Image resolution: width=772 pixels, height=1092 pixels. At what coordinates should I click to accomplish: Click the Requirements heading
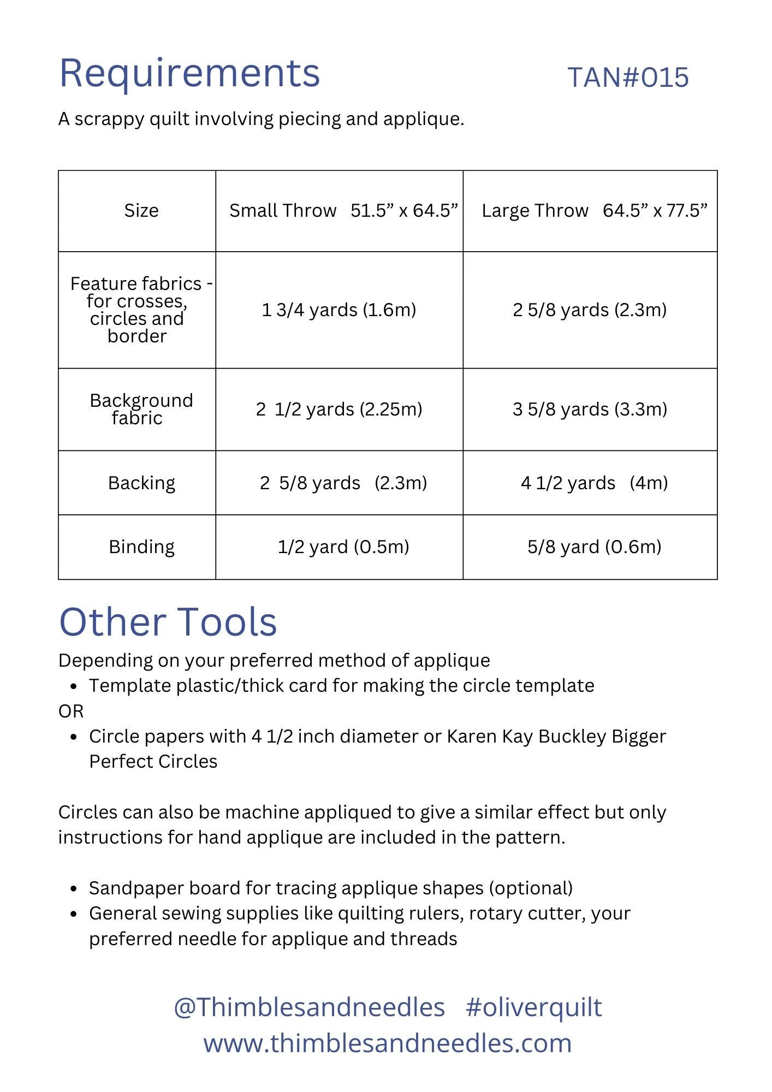click(189, 73)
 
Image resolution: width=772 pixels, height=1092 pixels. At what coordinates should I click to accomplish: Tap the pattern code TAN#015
click(628, 78)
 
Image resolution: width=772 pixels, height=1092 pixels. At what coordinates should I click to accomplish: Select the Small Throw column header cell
click(343, 211)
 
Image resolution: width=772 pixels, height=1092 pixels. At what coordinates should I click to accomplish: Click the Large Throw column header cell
click(594, 211)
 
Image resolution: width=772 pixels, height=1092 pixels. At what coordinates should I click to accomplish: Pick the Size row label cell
click(141, 211)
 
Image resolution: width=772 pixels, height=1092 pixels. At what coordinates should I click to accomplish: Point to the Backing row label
click(141, 483)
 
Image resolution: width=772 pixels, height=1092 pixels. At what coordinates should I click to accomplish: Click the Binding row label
click(141, 547)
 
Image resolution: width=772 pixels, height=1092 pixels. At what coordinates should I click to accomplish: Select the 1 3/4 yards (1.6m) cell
click(339, 310)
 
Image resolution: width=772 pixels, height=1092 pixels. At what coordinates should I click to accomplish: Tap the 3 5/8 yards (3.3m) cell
click(590, 410)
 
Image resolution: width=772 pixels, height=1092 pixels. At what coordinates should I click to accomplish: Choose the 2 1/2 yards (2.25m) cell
click(339, 410)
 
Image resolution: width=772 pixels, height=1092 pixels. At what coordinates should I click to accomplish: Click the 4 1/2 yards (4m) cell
click(594, 483)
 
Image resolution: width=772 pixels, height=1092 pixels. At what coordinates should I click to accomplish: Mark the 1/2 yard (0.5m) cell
click(343, 547)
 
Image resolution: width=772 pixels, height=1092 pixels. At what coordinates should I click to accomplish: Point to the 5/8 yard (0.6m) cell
click(594, 547)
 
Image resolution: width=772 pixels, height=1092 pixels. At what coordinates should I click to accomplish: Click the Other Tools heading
click(168, 622)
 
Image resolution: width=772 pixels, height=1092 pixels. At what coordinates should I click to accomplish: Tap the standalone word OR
click(71, 711)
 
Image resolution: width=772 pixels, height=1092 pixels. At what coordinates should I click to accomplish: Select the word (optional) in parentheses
click(531, 888)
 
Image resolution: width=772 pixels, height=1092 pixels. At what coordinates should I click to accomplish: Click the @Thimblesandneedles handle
click(309, 1007)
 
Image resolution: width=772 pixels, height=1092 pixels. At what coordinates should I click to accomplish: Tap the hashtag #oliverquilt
click(534, 1007)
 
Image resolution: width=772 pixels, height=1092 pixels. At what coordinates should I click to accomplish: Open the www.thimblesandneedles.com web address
click(387, 1043)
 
